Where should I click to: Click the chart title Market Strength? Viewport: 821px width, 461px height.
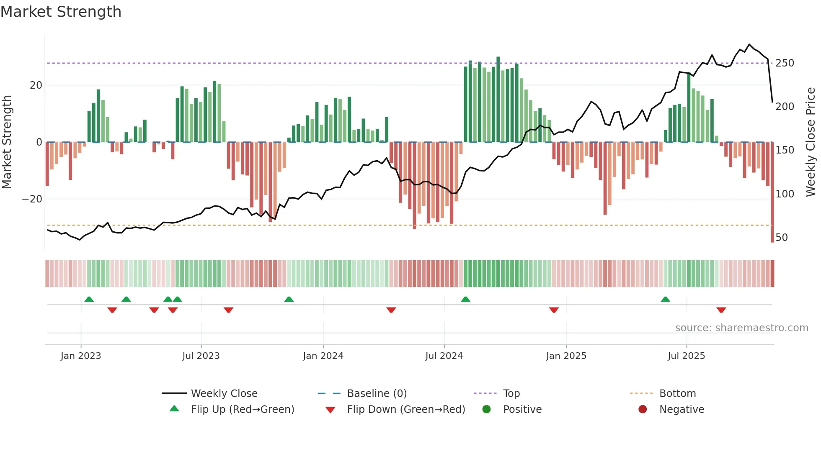pyautogui.click(x=61, y=12)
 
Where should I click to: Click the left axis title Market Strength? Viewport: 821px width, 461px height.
pyautogui.click(x=7, y=142)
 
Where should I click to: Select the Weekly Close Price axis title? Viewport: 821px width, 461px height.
pyautogui.click(x=811, y=142)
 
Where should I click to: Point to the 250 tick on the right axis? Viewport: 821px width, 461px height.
pyautogui.click(x=785, y=63)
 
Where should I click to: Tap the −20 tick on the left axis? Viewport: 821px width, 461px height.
pyautogui.click(x=32, y=199)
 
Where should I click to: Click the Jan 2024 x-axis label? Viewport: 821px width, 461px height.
pyautogui.click(x=323, y=356)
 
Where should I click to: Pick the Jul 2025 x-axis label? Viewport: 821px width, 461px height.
pyautogui.click(x=686, y=356)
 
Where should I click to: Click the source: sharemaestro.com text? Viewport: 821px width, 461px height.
pyautogui.click(x=741, y=328)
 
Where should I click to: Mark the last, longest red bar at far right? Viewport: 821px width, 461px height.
pyautogui.click(x=772, y=192)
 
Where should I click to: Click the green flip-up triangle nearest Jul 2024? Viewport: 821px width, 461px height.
pyautogui.click(x=465, y=300)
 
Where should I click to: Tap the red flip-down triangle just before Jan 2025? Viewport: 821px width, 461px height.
pyautogui.click(x=554, y=310)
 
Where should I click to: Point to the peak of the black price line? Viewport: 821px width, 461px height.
pyautogui.click(x=749, y=44)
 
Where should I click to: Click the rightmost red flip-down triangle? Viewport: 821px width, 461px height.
pyautogui.click(x=721, y=310)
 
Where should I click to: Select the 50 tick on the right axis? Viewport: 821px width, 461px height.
pyautogui.click(x=782, y=238)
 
